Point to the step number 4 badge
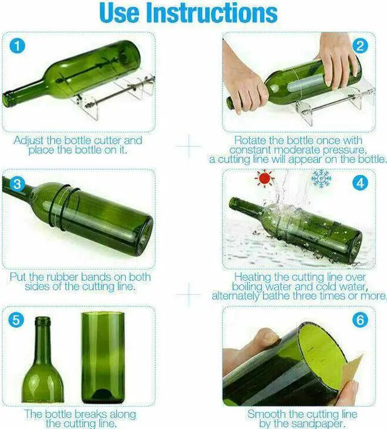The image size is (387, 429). click(361, 183)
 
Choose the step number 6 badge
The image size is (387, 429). click(361, 319)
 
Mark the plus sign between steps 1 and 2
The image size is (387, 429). click(190, 146)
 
